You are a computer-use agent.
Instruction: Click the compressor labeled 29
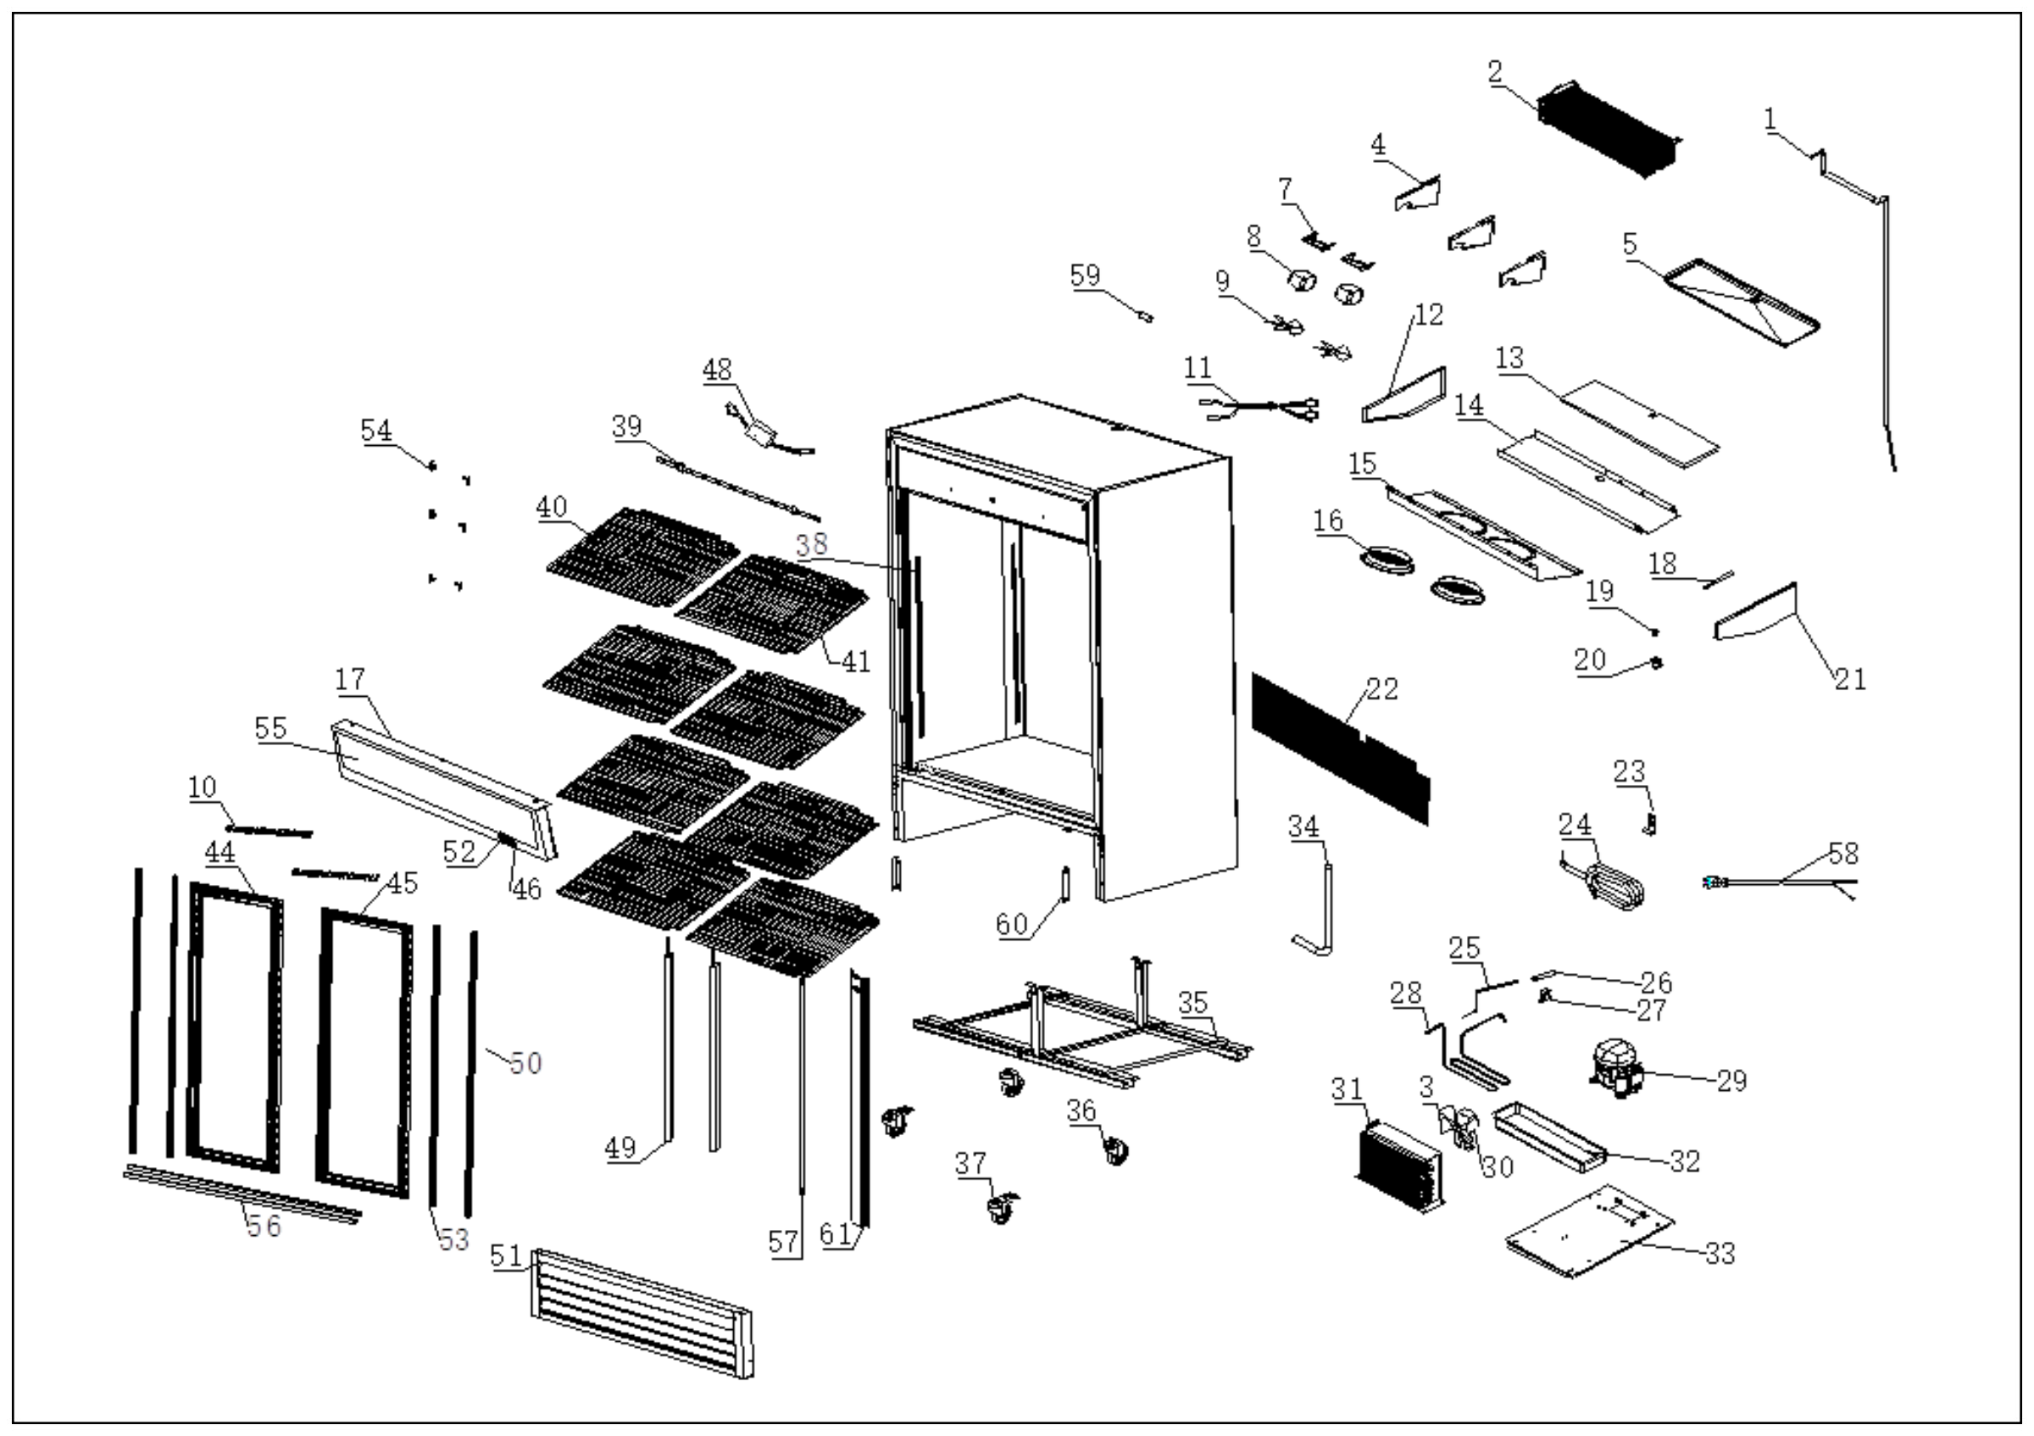[1617, 1069]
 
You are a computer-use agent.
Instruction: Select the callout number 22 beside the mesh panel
[1382, 689]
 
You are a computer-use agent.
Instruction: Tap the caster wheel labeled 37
[1001, 1209]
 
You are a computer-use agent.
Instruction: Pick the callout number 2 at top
[1494, 73]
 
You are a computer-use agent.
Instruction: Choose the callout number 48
[718, 370]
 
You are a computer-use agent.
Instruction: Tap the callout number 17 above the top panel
[350, 680]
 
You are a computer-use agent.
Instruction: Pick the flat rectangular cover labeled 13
[1639, 425]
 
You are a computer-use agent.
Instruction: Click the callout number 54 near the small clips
[375, 431]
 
